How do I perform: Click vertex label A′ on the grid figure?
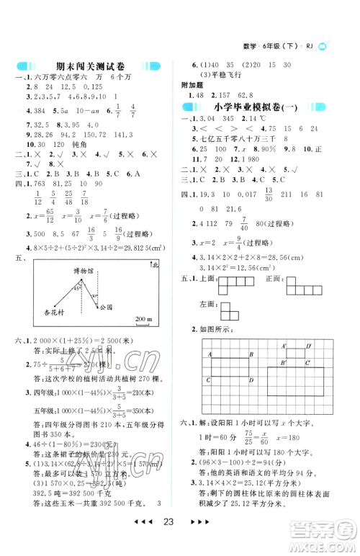click(284, 346)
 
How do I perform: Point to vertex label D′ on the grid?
click(308, 346)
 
